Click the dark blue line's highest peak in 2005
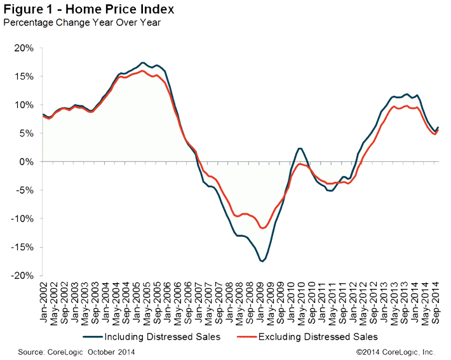click(x=143, y=62)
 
